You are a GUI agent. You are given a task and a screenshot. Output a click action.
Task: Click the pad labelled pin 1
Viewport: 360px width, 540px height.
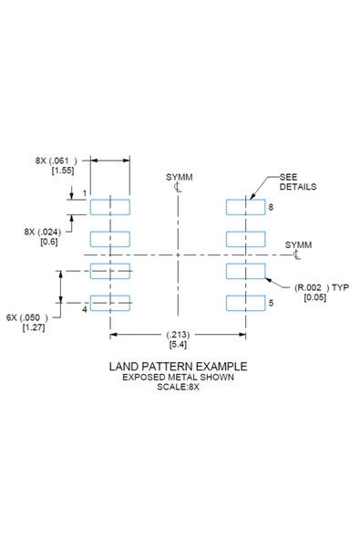(110, 207)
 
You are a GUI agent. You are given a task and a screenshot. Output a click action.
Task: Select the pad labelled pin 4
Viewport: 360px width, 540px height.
(110, 303)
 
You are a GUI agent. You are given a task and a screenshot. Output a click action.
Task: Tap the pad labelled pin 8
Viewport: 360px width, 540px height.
(246, 207)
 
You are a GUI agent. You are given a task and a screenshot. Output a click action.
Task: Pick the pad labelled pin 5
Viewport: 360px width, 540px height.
(246, 303)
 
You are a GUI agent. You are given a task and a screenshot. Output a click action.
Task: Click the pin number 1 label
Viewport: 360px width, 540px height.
(85, 193)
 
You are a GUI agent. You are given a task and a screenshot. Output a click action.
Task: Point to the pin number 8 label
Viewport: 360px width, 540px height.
(271, 207)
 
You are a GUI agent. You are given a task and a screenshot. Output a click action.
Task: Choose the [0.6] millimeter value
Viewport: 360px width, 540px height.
(49, 242)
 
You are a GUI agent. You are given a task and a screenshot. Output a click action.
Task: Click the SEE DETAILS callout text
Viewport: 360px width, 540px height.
(297, 181)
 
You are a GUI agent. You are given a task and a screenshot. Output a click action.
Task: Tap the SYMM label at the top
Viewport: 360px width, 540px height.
(178, 176)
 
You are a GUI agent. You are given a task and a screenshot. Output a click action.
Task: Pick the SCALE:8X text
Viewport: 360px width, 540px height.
(178, 387)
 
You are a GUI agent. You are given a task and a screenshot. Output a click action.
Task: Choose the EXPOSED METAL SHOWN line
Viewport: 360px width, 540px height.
(178, 377)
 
